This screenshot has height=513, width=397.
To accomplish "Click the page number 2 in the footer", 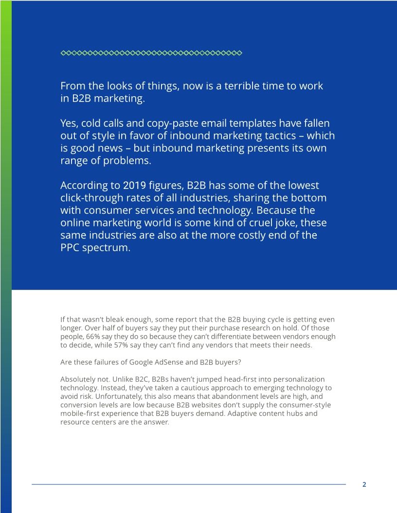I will (x=364, y=484).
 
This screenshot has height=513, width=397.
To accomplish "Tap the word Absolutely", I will (x=79, y=379).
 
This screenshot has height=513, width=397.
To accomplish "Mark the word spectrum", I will (x=109, y=248).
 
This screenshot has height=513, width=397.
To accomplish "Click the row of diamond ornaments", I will (x=151, y=53).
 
